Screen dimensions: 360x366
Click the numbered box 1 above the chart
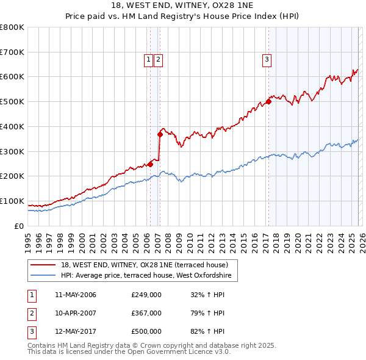tap(148, 59)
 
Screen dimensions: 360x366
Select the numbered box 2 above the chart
tap(158, 59)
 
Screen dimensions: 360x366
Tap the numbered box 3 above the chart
tap(267, 59)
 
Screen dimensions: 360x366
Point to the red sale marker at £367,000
tap(160, 134)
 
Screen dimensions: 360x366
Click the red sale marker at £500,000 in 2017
tap(268, 102)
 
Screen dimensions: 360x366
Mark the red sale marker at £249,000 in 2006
tap(150, 164)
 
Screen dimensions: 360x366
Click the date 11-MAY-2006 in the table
tap(75, 295)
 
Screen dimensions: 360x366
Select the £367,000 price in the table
tap(146, 313)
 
